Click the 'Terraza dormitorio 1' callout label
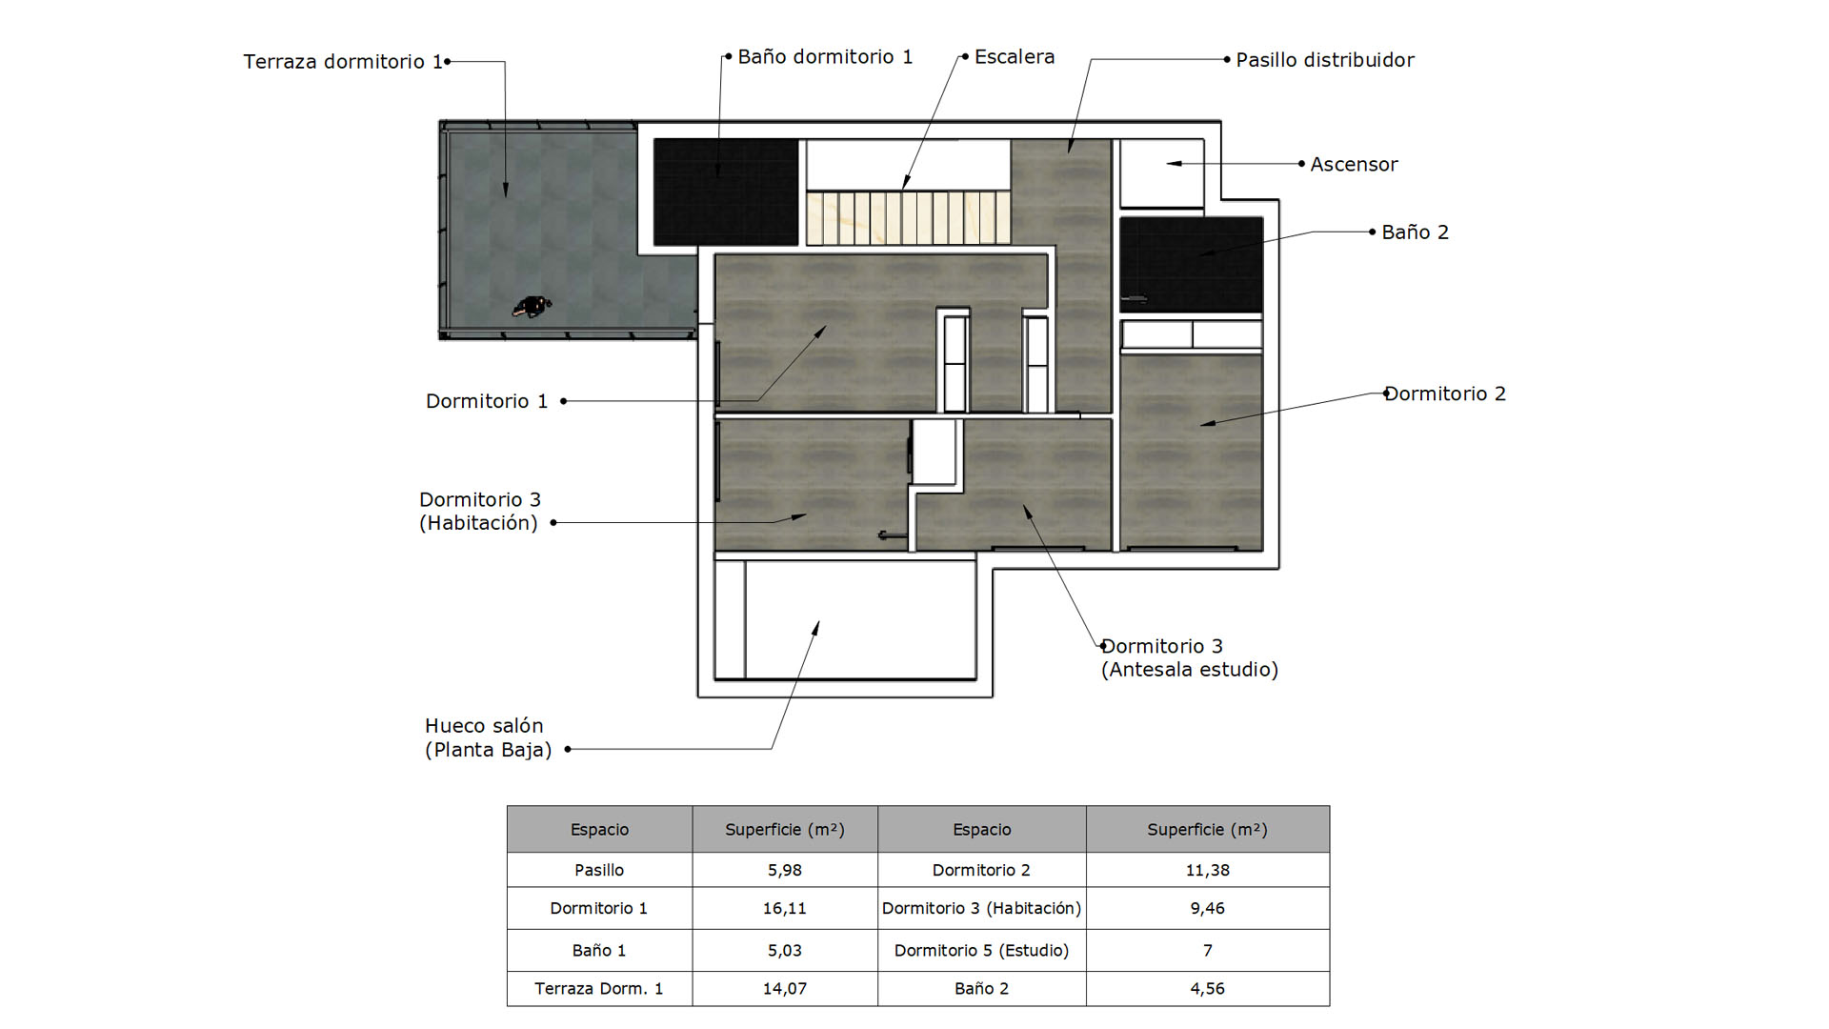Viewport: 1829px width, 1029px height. [343, 62]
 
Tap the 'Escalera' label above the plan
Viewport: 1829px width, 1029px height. [1015, 57]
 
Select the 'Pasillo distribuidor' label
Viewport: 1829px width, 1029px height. [1325, 60]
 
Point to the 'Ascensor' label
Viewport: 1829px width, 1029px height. [1354, 164]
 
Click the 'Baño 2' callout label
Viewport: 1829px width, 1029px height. [1415, 232]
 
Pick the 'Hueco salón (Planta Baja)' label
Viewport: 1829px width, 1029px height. [488, 737]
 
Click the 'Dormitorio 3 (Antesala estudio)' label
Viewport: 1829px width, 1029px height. [1190, 657]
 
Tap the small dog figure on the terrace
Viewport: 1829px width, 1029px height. [532, 306]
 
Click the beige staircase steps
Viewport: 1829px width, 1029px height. [908, 218]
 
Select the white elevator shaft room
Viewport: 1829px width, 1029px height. [1162, 173]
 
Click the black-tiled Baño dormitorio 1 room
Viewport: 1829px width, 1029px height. [726, 192]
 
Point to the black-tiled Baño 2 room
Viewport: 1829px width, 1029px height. [1192, 265]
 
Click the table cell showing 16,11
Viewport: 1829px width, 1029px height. [785, 908]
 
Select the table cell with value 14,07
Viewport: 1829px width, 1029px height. [785, 988]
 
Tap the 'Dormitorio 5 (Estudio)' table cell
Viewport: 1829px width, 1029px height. [981, 950]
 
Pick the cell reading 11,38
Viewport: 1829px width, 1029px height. [1208, 870]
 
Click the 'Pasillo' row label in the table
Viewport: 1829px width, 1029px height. [599, 870]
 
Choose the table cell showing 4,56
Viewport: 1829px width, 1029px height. [1208, 988]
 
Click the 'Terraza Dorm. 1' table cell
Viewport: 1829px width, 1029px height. [599, 988]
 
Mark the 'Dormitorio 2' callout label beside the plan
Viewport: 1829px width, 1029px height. [1445, 393]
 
